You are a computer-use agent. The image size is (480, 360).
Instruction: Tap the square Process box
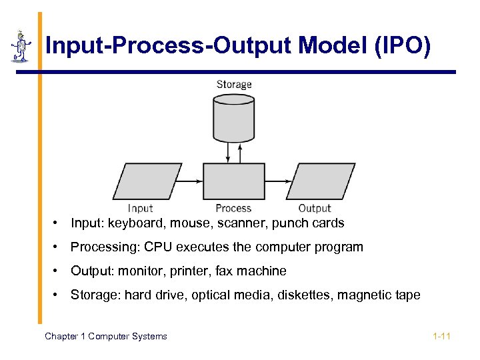pyautogui.click(x=233, y=181)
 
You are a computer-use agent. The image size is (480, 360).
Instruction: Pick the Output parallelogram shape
pyautogui.click(x=321, y=181)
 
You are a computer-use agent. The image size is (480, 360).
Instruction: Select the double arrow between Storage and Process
pyautogui.click(x=229, y=153)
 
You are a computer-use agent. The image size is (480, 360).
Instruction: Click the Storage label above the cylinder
pyautogui.click(x=234, y=85)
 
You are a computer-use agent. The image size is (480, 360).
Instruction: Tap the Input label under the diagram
pyautogui.click(x=141, y=209)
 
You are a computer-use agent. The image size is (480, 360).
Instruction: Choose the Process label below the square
pyautogui.click(x=233, y=209)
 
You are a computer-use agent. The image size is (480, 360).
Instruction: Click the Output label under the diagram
pyautogui.click(x=315, y=209)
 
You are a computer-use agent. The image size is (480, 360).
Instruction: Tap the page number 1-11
pyautogui.click(x=441, y=336)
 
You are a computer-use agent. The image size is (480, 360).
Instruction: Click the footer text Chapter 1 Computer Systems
pyautogui.click(x=106, y=336)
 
